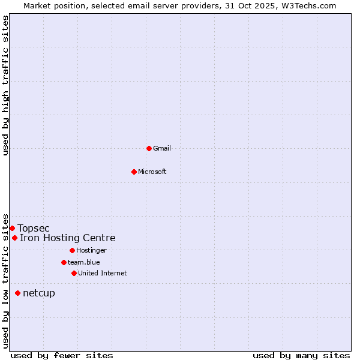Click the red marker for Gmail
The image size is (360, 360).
coord(149,148)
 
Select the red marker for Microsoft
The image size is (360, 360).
coord(134,172)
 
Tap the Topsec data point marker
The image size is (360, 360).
coord(12,228)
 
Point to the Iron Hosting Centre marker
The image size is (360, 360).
coord(14,238)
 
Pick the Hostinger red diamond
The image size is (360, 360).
coord(72,250)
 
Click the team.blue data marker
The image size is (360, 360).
coord(64,262)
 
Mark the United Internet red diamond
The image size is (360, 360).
coord(74,273)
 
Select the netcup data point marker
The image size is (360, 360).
coord(17,293)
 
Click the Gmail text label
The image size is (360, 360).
coord(162,148)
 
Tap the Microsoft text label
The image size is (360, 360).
coord(152,172)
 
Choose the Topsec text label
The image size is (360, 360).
coord(34,228)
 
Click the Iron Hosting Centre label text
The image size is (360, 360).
coord(68,238)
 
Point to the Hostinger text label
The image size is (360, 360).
coord(91,250)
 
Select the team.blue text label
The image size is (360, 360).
coord(84,262)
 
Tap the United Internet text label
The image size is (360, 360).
coord(103,273)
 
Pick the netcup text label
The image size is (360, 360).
coord(39,293)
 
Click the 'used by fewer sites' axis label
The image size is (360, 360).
coord(62,355)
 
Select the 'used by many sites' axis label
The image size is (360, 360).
coord(301,355)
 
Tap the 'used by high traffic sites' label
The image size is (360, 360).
coord(5,85)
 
